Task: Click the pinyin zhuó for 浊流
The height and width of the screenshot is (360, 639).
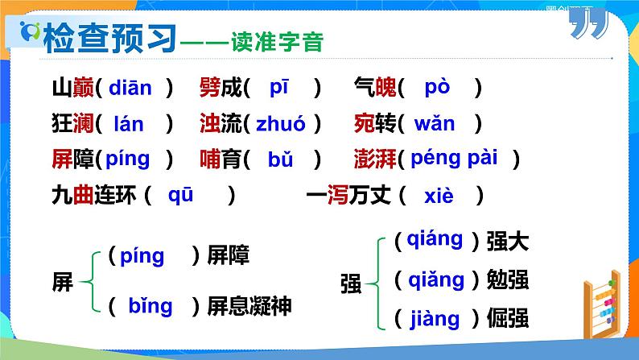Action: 280,124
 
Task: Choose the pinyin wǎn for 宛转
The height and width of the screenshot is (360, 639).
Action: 434,124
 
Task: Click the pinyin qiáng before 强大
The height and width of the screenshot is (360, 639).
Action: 435,239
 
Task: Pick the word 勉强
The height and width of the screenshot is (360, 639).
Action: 508,279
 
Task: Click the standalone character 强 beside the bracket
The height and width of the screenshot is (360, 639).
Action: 352,283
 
